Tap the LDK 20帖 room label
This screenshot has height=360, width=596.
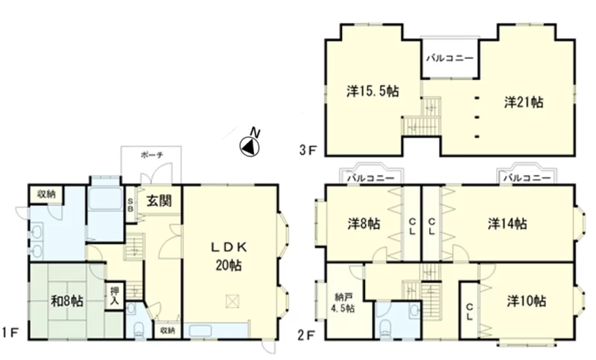pyautogui.click(x=229, y=256)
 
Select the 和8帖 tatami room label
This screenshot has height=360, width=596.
pyautogui.click(x=67, y=301)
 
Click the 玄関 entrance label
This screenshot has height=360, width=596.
pyautogui.click(x=159, y=200)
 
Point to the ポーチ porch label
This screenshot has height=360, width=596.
pyautogui.click(x=152, y=155)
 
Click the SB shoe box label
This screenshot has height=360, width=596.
pyautogui.click(x=130, y=205)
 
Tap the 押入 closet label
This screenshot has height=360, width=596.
pyautogui.click(x=115, y=297)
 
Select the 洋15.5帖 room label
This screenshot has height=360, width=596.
pyautogui.click(x=372, y=91)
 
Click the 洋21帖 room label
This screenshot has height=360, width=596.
pyautogui.click(x=524, y=102)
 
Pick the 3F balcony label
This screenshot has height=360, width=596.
pyautogui.click(x=450, y=58)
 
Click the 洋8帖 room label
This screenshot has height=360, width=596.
pyautogui.click(x=364, y=224)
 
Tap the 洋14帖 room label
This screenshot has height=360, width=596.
pyautogui.click(x=507, y=224)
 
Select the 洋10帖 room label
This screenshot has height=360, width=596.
pyautogui.click(x=527, y=301)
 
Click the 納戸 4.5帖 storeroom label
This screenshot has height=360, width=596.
pyautogui.click(x=345, y=303)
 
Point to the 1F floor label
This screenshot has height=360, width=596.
pyautogui.click(x=10, y=334)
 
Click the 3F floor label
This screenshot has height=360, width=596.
pyautogui.click(x=308, y=151)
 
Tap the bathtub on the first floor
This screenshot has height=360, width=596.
pyautogui.click(x=105, y=198)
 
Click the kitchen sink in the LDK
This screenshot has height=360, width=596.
pyautogui.click(x=200, y=330)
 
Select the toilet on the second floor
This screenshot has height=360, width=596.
pyautogui.click(x=386, y=327)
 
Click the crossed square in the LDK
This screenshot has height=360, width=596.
pyautogui.click(x=232, y=301)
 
